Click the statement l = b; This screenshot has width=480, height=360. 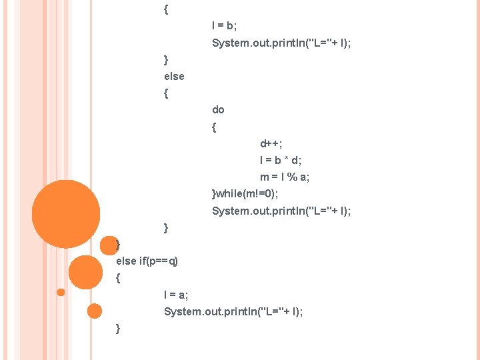(x=224, y=26)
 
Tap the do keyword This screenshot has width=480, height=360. (x=218, y=109)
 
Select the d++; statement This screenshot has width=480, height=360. (x=271, y=143)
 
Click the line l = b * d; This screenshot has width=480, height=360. (x=280, y=160)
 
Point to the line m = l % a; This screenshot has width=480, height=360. (x=284, y=177)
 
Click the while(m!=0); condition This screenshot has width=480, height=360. (x=245, y=194)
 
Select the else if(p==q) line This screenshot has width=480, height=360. (x=147, y=261)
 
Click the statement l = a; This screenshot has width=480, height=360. (x=176, y=295)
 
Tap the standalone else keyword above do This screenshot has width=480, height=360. (x=174, y=76)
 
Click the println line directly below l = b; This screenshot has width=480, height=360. (x=281, y=43)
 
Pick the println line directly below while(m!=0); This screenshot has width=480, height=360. (x=281, y=211)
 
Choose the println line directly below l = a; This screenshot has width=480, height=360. (x=233, y=311)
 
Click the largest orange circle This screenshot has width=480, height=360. (x=66, y=214)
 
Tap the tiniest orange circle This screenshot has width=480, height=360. (x=61, y=292)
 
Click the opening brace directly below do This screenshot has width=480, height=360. (x=214, y=127)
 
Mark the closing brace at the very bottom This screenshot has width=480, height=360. (x=118, y=328)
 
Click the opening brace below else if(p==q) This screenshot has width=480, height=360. (x=118, y=278)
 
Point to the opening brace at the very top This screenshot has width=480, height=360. (x=166, y=9)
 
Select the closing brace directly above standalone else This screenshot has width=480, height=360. (x=166, y=60)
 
